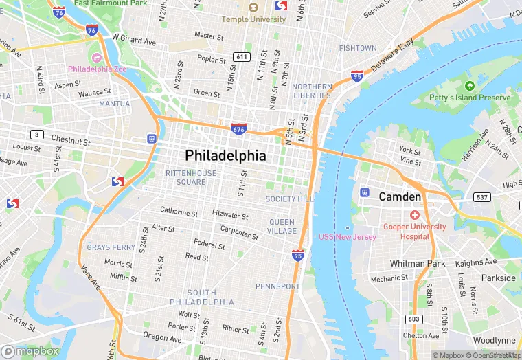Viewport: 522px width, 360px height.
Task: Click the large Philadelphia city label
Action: [x=225, y=156]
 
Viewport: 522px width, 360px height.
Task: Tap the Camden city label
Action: [x=400, y=197]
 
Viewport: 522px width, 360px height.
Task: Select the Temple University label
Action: [x=253, y=19]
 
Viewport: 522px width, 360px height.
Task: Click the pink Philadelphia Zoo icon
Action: [x=96, y=56]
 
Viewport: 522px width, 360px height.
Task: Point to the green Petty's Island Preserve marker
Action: [x=470, y=86]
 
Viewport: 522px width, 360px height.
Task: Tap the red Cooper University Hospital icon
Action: [x=415, y=215]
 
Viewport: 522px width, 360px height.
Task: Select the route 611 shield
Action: [x=240, y=56]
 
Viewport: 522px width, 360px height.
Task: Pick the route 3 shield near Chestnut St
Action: [x=36, y=133]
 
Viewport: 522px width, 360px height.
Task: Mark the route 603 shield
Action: [x=413, y=319]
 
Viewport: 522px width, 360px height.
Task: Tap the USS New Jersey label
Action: [x=347, y=237]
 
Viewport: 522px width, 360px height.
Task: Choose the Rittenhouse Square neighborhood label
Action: [x=190, y=177]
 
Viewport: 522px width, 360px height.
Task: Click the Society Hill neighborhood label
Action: [x=289, y=199]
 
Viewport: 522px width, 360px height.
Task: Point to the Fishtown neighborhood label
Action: [x=358, y=48]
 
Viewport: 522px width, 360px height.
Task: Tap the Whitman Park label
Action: [x=417, y=263]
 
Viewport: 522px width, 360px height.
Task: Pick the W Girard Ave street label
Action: [x=134, y=41]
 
